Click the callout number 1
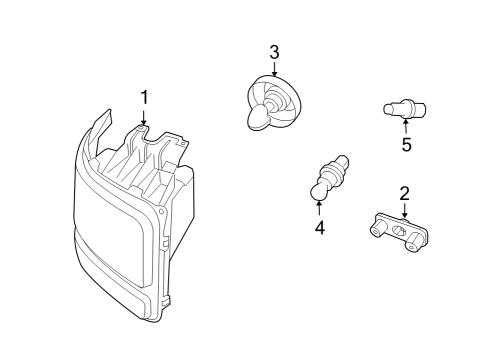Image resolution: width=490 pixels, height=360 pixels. click(144, 97)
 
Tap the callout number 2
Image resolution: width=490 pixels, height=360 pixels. click(404, 192)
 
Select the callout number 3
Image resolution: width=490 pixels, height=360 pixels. click(274, 52)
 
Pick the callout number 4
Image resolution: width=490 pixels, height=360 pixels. click(319, 228)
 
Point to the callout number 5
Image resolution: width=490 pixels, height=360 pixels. click(406, 144)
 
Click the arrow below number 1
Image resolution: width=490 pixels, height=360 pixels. click(144, 117)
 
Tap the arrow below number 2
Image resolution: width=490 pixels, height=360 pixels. click(404, 209)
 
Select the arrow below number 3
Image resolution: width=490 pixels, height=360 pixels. click(274, 69)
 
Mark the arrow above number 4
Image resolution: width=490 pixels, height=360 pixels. click(319, 207)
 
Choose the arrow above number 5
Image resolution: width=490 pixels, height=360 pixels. click(406, 126)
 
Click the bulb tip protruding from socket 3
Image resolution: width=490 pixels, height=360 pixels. click(256, 120)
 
